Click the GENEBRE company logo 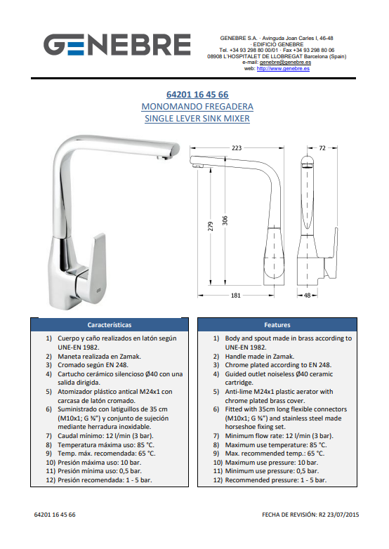tap(117, 44)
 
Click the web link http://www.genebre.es tap(283, 69)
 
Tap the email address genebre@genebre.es tap(285, 62)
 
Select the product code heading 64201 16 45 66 tap(197, 95)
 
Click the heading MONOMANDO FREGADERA tap(197, 107)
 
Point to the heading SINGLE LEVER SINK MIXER tap(197, 119)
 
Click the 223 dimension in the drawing tap(237, 147)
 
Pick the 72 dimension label tap(322, 147)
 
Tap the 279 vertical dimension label tap(211, 227)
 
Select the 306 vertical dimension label tap(225, 220)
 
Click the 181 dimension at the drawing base tap(236, 295)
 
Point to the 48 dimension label tap(307, 295)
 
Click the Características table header tap(110, 325)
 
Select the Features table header tap(277, 325)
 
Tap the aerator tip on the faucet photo tap(161, 158)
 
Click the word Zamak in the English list tap(284, 357)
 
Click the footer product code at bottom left tap(55, 515)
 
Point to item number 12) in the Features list tap(218, 480)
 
